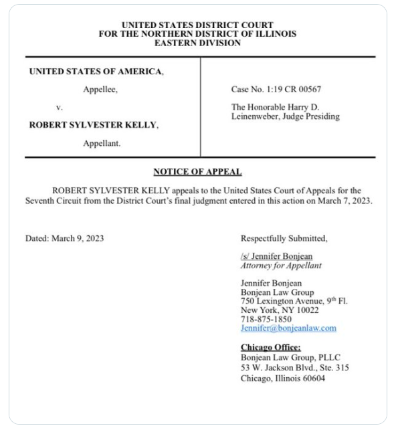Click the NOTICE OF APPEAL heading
point(197,172)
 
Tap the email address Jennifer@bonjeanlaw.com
point(288,328)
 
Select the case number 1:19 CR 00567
point(268,89)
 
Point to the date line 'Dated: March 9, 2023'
point(64,238)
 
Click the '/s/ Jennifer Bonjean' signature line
point(276,256)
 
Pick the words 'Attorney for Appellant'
point(281,265)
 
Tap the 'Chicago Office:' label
point(270,348)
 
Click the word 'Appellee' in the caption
point(100,89)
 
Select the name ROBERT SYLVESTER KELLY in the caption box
point(93,124)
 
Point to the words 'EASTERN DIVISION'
point(197,43)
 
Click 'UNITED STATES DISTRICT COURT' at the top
point(197,25)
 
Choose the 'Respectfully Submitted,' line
point(284,238)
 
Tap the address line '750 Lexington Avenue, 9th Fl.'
point(294,302)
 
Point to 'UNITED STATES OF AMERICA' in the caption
point(96,72)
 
